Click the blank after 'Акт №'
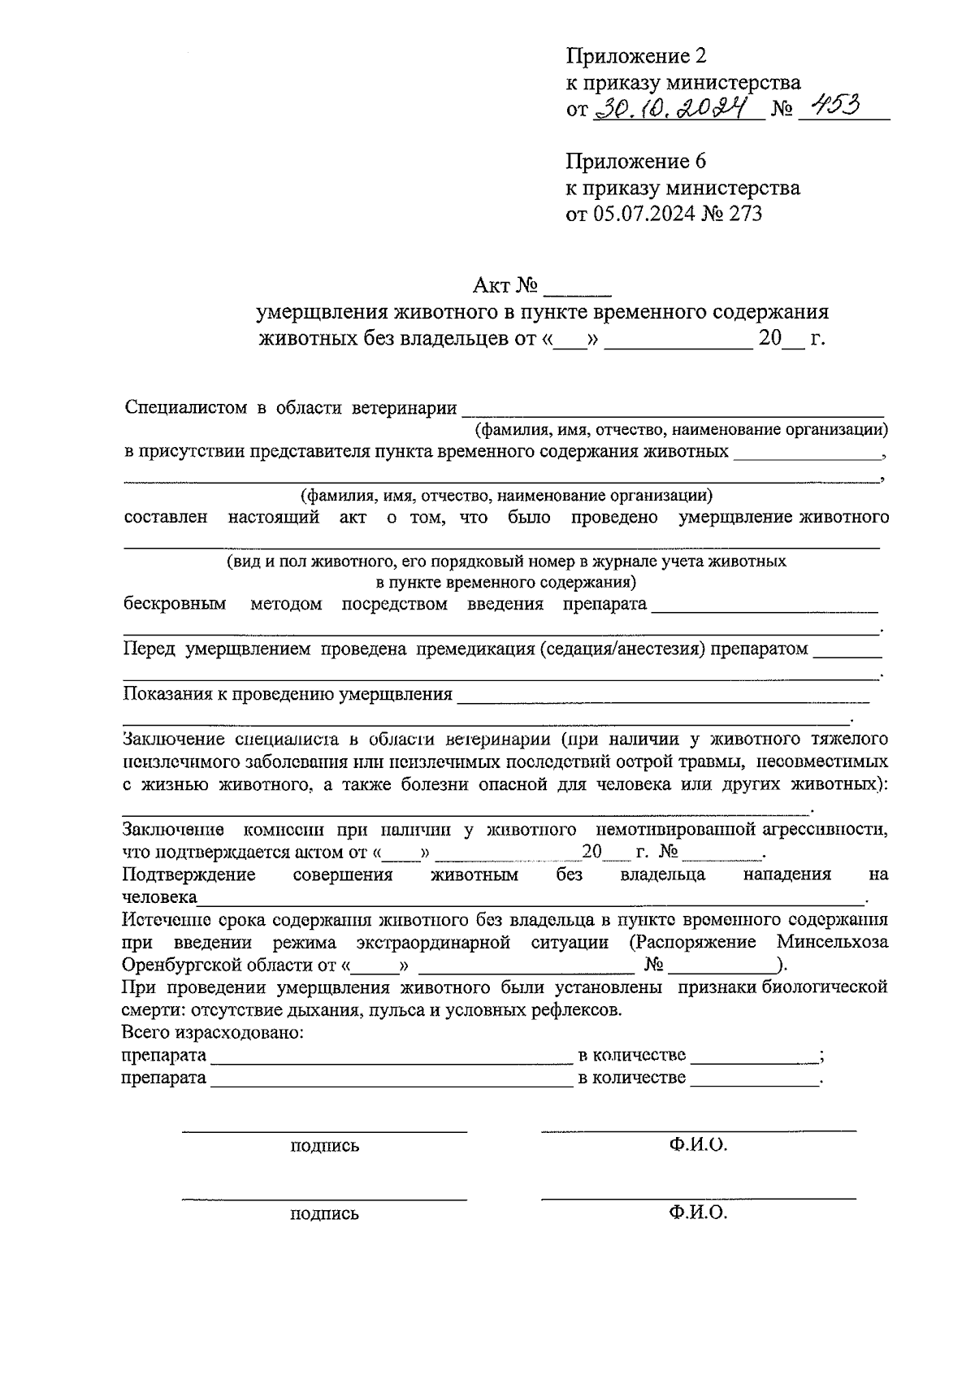(577, 287)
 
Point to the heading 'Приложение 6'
(636, 161)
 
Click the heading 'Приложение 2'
(636, 55)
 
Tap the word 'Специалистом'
(186, 407)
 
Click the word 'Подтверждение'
(188, 874)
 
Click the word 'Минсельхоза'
(832, 942)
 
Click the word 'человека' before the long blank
(159, 897)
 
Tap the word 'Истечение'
(165, 919)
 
